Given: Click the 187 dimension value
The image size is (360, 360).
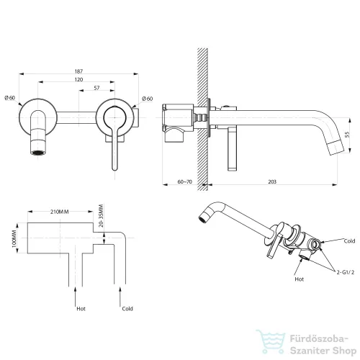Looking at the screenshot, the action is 78,71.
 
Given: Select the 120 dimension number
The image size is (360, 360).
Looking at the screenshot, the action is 78,79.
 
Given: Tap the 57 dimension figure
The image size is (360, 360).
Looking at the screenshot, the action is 96,88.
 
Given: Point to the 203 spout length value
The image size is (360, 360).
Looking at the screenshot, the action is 272,181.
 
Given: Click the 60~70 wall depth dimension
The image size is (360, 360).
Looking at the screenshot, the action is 185,181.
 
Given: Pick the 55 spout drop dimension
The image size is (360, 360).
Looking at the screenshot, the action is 347,135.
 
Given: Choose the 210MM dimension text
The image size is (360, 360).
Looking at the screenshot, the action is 60,212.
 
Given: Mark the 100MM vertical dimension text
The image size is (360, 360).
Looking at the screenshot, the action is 14,238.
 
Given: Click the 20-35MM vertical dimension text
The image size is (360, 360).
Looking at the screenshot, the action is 101,216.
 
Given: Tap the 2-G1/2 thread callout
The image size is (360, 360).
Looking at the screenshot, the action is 346,272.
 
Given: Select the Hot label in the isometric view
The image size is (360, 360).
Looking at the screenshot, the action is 300,279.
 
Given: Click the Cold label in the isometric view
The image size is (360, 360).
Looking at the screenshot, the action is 349,241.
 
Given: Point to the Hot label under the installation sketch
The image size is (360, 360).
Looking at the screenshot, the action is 81,309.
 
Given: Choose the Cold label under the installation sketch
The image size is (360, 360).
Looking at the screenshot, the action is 127,309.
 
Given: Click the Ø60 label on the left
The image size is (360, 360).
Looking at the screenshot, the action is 10,98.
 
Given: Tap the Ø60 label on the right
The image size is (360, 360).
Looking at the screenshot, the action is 148,99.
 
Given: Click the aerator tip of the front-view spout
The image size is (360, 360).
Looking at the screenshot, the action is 38,153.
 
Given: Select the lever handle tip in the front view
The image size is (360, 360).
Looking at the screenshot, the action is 115,168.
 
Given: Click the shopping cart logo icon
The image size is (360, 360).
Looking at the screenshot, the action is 271,342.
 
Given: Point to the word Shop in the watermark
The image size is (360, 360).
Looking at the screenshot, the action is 344,351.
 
